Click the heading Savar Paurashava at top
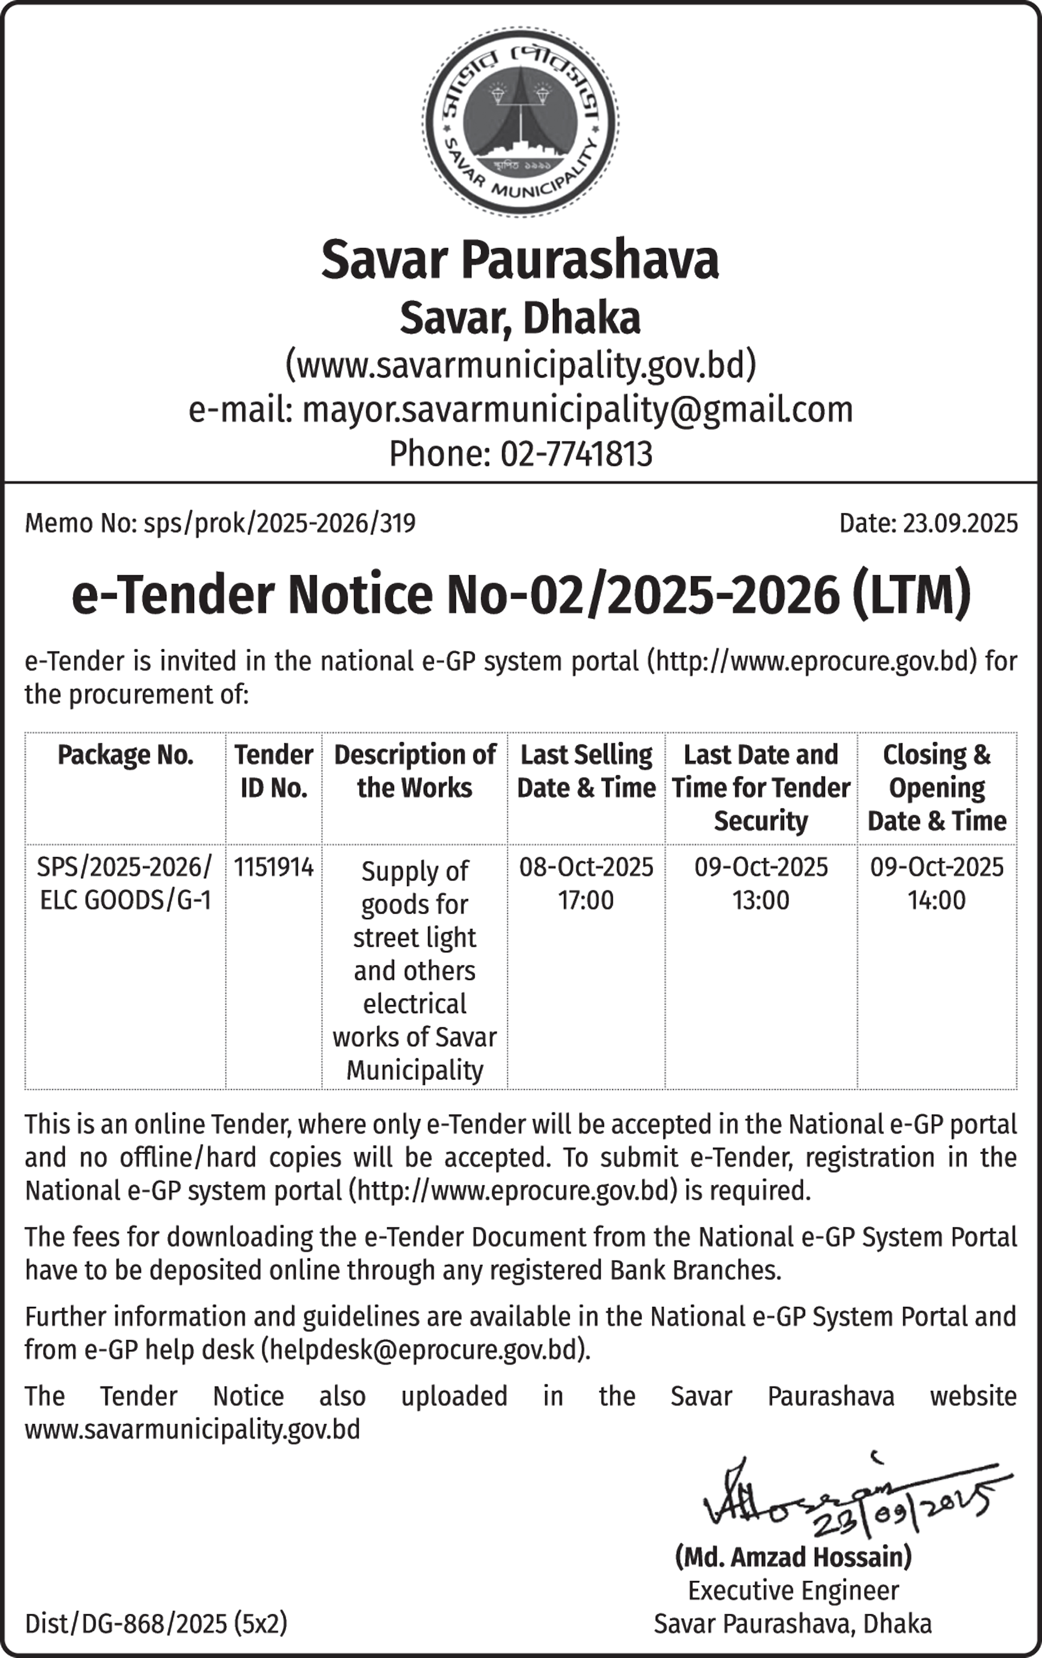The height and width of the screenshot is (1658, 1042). [x=520, y=260]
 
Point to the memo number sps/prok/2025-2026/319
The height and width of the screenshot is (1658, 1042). [x=280, y=524]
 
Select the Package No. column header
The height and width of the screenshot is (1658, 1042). [x=125, y=755]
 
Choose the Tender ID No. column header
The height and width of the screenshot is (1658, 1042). [x=273, y=771]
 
